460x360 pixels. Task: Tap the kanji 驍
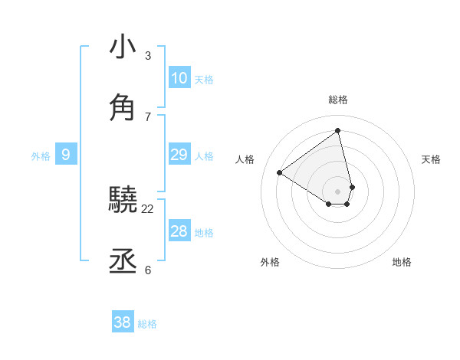pos(123,201)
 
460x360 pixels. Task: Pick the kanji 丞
pos(123,261)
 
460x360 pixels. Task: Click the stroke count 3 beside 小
pos(148,55)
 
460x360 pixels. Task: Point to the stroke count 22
pos(148,208)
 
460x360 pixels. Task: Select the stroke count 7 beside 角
pos(148,116)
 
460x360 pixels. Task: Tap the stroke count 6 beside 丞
pos(148,270)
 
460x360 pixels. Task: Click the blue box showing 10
pos(179,78)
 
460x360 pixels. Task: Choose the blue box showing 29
pos(179,155)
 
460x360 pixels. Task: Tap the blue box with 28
pos(179,231)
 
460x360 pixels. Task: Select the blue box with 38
pos(122,323)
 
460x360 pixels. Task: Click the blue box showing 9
pos(66,155)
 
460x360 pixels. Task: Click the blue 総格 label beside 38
pos(147,324)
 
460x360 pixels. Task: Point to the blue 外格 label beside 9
pos(41,156)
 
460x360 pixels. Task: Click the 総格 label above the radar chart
pos(338,100)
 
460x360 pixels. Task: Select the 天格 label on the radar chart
pos(432,159)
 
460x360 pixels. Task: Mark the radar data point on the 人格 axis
pos(280,173)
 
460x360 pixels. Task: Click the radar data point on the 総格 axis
pos(338,131)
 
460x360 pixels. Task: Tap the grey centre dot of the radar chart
pos(338,191)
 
